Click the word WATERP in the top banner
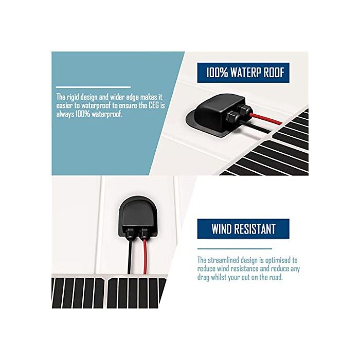245,73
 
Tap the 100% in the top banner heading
217,73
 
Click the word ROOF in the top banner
274,73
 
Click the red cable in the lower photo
145,257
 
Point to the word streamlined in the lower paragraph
223,260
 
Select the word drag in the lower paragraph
203,278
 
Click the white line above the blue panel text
93,87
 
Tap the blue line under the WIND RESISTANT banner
235,248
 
